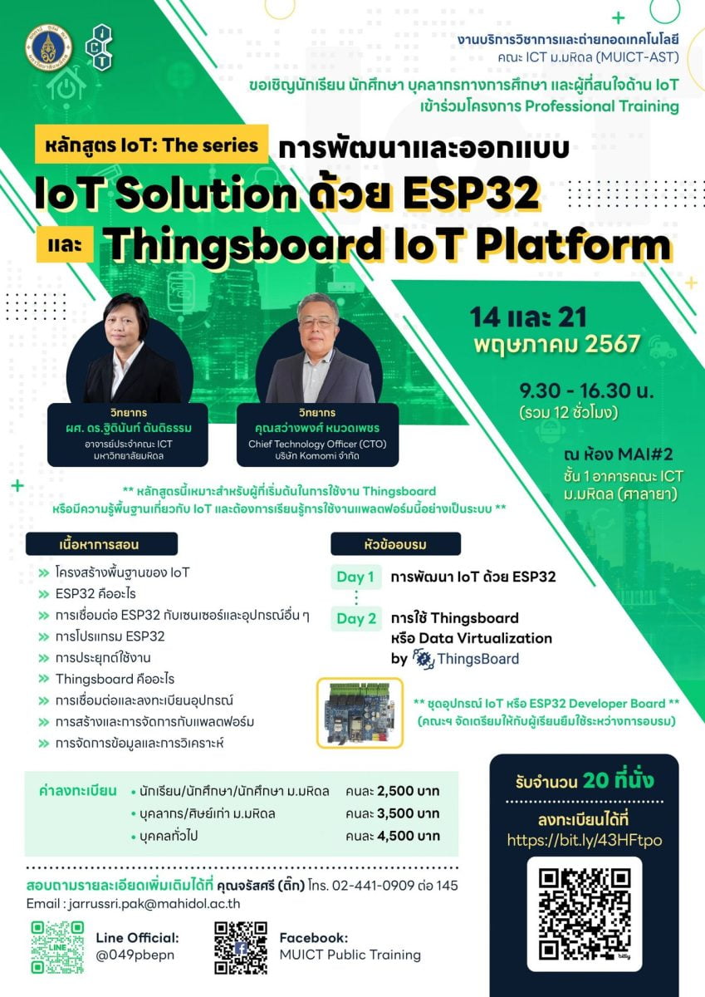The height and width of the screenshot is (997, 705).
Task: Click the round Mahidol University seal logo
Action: (48, 48)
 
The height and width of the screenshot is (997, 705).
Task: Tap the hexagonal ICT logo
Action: (99, 47)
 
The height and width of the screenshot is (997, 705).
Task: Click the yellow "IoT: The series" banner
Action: (151, 145)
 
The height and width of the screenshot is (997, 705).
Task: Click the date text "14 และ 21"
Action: (528, 317)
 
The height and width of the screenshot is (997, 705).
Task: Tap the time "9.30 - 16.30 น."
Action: (586, 390)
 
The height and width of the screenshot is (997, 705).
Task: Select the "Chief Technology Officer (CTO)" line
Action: (317, 444)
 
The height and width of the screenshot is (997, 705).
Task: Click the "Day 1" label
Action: (356, 577)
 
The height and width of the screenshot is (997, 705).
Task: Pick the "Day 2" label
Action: (356, 619)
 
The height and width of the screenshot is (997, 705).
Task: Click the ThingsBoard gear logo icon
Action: (423, 659)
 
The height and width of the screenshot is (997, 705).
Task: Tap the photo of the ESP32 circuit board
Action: (360, 713)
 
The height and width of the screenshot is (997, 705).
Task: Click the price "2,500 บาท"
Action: (409, 791)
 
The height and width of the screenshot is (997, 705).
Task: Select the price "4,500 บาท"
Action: (409, 836)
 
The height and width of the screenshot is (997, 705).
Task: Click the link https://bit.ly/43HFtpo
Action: (585, 840)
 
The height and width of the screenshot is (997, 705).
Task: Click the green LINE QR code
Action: (57, 948)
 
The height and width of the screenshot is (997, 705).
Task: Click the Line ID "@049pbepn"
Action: (135, 955)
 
